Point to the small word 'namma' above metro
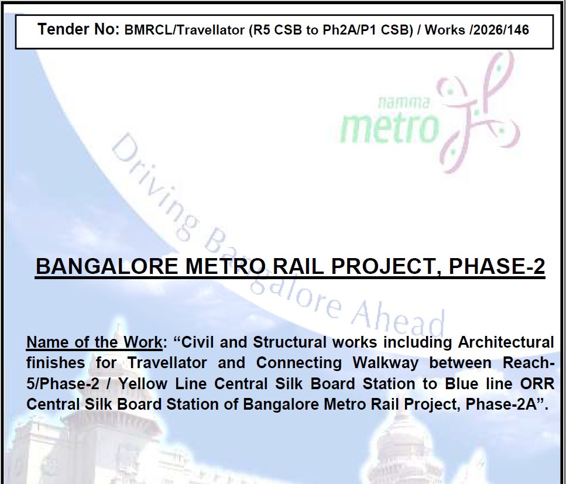pos(404,102)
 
